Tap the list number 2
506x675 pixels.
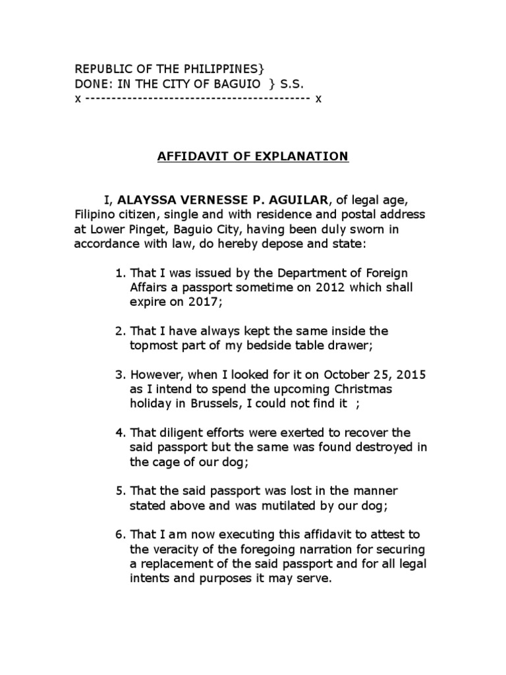120,330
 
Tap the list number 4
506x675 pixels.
120,432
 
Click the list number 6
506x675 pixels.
120,535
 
